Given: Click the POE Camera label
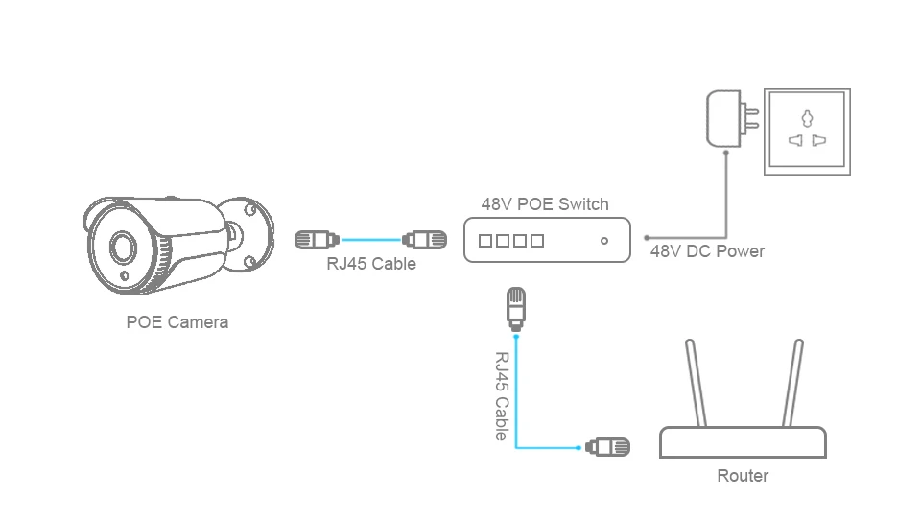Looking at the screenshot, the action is [177, 322].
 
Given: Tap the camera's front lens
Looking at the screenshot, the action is [123, 247].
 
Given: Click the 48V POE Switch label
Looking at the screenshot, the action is [545, 204].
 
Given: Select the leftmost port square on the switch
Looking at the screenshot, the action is [485, 240].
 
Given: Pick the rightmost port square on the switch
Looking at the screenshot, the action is [537, 240].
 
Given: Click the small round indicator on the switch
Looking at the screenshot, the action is [604, 240].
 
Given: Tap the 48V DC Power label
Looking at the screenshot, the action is [708, 251].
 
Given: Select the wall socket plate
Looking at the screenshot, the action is [807, 131].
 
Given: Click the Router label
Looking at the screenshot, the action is [743, 475].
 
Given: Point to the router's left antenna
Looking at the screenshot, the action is [697, 383].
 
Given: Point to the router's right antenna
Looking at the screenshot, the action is [792, 383].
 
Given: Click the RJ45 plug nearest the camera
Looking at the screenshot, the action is [317, 240].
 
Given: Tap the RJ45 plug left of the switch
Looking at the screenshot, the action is [424, 240].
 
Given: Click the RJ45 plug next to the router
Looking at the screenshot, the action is [608, 447].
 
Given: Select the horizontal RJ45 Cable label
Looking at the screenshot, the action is [371, 264].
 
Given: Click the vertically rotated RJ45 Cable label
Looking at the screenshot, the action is [501, 396].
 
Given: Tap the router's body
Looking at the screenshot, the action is [743, 442].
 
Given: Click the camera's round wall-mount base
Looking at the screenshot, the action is [249, 235].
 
